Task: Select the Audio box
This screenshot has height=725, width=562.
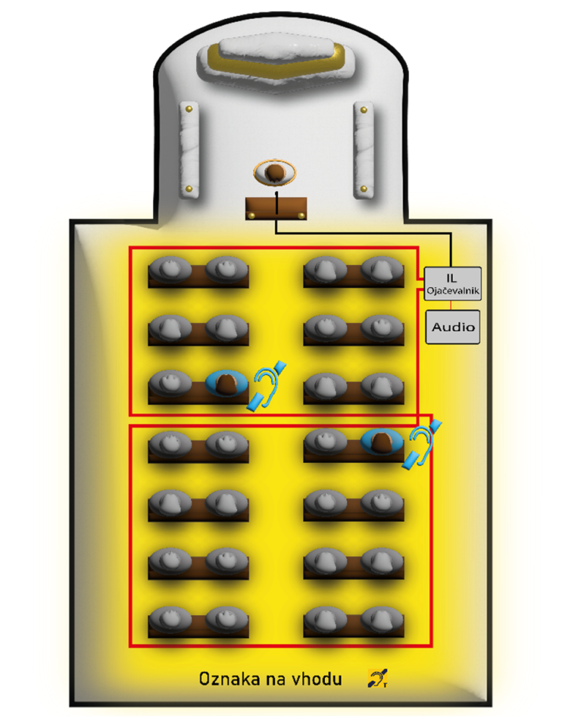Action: pos(453,327)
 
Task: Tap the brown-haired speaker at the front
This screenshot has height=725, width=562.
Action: pos(276,173)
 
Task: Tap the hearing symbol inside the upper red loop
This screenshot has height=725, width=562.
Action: pos(268,385)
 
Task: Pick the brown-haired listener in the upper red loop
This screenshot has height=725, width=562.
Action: pos(229,384)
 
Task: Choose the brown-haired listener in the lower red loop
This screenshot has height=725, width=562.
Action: pos(381,442)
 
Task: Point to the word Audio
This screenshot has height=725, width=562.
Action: pos(453,327)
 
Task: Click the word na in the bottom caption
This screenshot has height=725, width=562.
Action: pos(282,679)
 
